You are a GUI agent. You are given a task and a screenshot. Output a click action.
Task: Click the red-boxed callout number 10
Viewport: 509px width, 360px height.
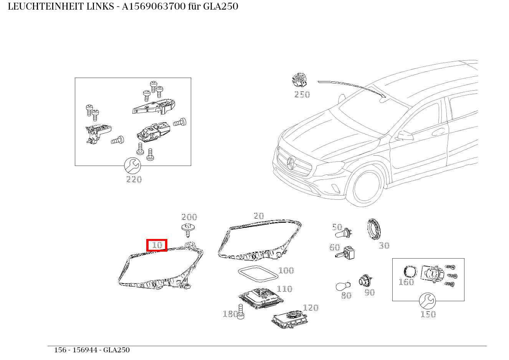(x=157, y=245)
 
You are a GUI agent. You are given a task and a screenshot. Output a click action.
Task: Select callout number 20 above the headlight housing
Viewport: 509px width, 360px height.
(x=259, y=216)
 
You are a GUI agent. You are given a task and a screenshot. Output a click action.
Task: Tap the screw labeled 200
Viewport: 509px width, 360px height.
(x=188, y=229)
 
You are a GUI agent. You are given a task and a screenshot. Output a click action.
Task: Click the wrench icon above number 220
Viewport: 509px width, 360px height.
(x=133, y=166)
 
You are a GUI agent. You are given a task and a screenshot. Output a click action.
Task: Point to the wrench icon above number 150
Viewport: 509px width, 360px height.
(x=427, y=301)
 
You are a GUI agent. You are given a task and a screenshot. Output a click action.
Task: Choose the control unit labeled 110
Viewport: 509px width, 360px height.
(x=260, y=298)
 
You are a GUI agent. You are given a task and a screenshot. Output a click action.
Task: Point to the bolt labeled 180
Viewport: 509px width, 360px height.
(x=241, y=312)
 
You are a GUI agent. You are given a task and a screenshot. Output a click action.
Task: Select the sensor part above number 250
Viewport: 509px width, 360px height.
(x=300, y=80)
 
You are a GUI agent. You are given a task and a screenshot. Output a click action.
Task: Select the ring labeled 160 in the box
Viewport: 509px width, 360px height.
(x=410, y=272)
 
